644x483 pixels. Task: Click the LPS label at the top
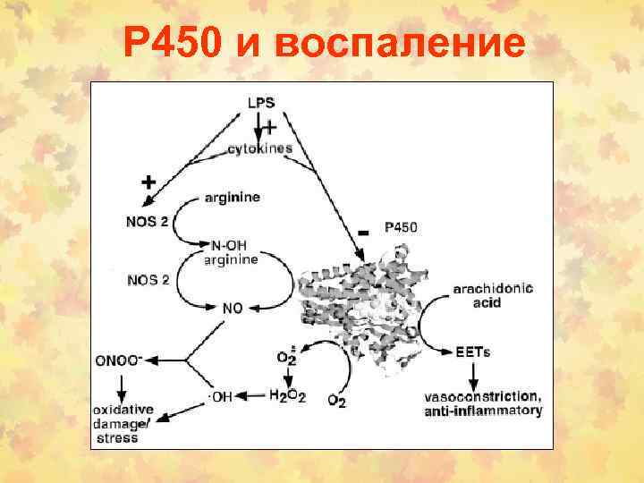[x=261, y=103]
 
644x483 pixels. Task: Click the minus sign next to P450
[x=362, y=233]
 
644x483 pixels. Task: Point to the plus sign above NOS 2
[x=148, y=182]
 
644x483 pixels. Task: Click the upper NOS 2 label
[x=147, y=221]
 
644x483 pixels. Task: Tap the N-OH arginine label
[x=231, y=252]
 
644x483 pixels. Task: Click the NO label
[x=233, y=308]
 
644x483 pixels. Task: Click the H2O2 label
[x=287, y=395]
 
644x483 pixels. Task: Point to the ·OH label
[x=219, y=397]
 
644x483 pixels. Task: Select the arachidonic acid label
[x=493, y=295]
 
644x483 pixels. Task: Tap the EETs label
[x=472, y=352]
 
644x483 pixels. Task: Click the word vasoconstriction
[x=484, y=396]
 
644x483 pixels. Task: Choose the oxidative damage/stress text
[x=123, y=423]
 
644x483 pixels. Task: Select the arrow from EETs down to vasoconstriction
[x=472, y=372]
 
